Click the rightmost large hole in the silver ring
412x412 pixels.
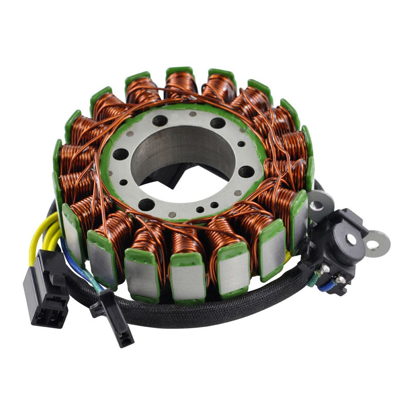246,171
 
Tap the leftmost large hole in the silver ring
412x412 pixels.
120,154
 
